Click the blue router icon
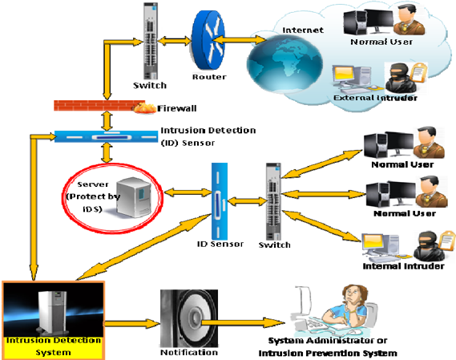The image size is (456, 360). pos(208,40)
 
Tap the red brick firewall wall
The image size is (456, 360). pos(99,105)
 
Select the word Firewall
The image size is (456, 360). pos(177,108)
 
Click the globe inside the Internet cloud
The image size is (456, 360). pos(284,63)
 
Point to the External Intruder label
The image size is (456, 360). pos(375,98)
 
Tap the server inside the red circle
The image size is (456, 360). pos(134,197)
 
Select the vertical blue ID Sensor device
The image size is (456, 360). pos(220,201)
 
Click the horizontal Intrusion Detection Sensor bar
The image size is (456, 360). pos(106,137)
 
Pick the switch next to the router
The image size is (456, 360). pos(151,41)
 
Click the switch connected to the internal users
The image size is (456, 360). pos(273,201)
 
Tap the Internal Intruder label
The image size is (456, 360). pos(403,266)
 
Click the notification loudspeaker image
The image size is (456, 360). pos(189,318)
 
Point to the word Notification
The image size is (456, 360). pos(189,353)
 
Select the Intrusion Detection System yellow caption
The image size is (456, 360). pos(54,346)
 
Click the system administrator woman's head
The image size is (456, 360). pos(353,296)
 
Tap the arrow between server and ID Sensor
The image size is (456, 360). pos(188,192)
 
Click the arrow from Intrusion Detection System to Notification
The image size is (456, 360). pos(132,323)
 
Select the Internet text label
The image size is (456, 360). pos(303,30)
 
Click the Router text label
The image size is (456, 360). pos(209,77)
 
